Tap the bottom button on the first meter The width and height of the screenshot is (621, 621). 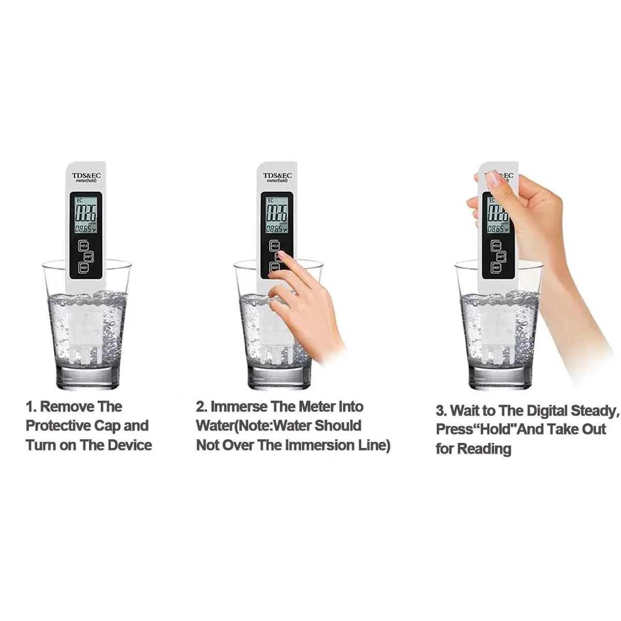pos(83,267)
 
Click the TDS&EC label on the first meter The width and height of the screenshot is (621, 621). pos(87,175)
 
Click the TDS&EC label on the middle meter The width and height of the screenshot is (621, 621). pos(277,175)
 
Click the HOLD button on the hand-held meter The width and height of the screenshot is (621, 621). pos(496,246)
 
